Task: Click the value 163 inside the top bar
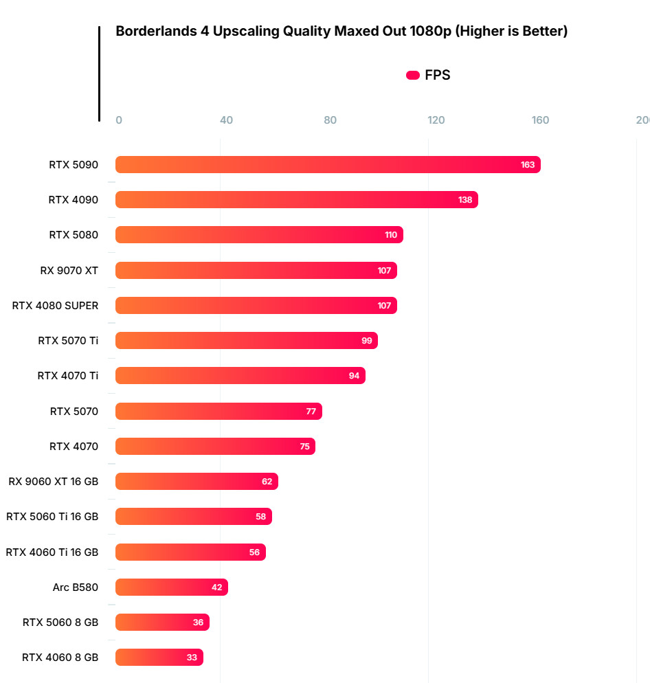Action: pos(528,165)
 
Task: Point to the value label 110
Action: pos(391,235)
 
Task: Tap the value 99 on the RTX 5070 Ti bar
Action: pos(366,341)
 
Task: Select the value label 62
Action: pos(267,482)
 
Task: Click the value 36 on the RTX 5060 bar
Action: pos(199,623)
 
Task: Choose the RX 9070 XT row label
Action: pos(69,271)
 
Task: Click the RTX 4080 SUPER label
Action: pos(55,306)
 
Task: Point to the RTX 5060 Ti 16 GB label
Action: pos(52,517)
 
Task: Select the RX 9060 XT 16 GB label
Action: pos(53,482)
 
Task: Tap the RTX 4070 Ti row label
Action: pos(67,376)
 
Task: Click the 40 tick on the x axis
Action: pos(226,120)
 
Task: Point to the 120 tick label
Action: pos(436,120)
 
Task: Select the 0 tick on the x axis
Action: pos(119,120)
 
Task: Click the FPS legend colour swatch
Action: pos(413,76)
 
